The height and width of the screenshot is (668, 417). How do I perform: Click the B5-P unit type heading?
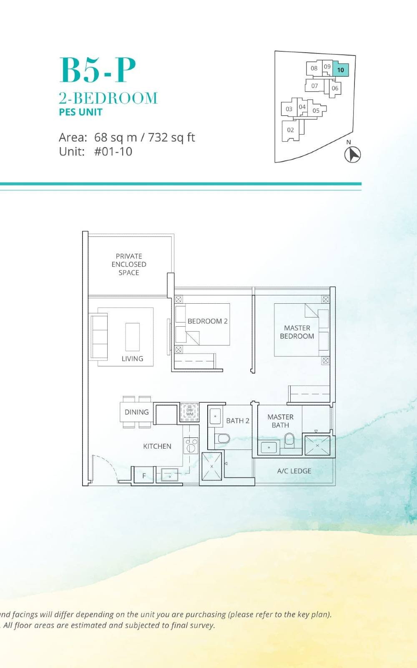pos(98,70)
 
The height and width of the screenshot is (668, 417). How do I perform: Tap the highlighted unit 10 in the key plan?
pos(341,70)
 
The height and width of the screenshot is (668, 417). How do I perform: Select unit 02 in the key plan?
pos(290,130)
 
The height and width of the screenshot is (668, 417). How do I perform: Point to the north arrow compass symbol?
pos(353,154)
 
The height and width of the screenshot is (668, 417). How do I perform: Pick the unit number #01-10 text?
pos(113,151)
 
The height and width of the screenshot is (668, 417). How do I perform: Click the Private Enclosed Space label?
pos(129,264)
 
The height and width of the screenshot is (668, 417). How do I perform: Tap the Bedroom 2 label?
pos(207,321)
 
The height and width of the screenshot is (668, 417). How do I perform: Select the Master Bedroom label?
pos(297,332)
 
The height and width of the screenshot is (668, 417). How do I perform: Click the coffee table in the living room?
pos(133,337)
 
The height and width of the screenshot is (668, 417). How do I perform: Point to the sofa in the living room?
pos(99,337)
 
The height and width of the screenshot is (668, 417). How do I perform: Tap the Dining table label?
pos(136,412)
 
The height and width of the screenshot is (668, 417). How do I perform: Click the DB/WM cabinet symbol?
pos(190,412)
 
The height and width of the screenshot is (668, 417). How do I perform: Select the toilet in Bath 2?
pos(223,438)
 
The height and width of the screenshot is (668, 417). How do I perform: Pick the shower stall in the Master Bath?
pos(317,445)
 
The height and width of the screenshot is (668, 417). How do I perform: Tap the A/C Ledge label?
pos(294,471)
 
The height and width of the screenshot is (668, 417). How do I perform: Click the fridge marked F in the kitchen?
pos(144,476)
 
